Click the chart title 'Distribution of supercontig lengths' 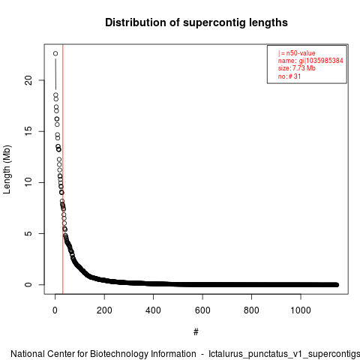196,22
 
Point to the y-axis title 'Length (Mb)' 7,169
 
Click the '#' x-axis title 196,332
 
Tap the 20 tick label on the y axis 28,80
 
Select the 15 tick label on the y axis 28,131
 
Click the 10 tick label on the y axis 28,182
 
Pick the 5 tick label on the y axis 28,233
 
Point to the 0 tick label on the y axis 28,284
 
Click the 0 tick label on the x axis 55,310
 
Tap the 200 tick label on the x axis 104,310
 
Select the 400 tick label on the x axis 153,310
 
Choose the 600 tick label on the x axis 202,310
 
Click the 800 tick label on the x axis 251,310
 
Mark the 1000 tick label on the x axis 301,310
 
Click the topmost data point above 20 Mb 55,53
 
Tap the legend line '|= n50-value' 297,53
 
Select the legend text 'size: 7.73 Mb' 297,68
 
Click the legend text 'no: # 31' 289,76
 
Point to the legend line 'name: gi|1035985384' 310,61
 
